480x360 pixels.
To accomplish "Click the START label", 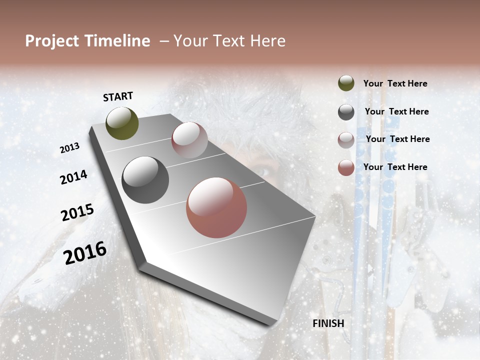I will coord(118,96).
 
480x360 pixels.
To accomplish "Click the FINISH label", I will coord(328,323).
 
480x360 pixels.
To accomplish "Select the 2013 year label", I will coord(69,148).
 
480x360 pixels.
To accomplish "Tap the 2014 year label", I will coord(73,177).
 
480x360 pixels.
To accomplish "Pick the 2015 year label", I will coord(77,212).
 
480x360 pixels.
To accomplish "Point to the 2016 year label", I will coord(85,253).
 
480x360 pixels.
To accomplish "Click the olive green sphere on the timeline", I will coord(122,123).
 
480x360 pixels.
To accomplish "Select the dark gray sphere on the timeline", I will coord(145,180).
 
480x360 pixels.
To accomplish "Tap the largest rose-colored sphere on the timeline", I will coord(216,207).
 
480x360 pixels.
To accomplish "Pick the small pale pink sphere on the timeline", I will coord(189,140).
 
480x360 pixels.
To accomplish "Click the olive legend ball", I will coord(346,83).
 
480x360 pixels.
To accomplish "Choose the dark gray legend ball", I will coord(346,112).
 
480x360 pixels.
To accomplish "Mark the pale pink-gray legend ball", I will coord(346,140).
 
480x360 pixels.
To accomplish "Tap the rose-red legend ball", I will coord(346,167).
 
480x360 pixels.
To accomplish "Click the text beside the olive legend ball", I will coord(395,84).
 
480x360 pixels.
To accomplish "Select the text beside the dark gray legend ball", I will coord(396,111).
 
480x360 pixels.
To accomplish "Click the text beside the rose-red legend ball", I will coord(395,167).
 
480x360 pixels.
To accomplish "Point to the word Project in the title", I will coord(51,41).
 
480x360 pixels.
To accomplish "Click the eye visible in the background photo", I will coord(265,170).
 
